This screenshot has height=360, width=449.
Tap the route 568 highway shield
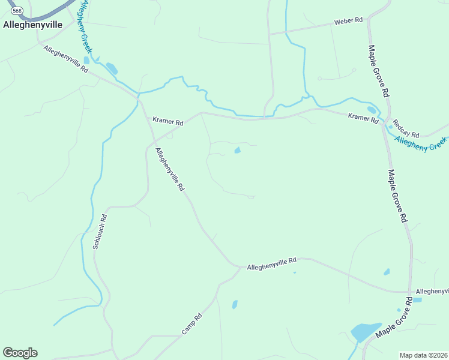click(x=17, y=11)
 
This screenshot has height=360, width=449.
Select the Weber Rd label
click(x=349, y=21)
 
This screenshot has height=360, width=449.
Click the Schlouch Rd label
click(x=100, y=232)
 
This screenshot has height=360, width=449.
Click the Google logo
click(x=20, y=353)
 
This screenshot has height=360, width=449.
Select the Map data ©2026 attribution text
click(x=423, y=355)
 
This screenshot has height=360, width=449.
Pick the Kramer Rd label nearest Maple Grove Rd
click(x=363, y=118)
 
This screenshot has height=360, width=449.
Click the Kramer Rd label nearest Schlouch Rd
click(x=167, y=121)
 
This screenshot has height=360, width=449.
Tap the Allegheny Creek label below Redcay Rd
click(x=421, y=144)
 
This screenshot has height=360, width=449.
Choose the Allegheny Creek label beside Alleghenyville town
click(x=82, y=27)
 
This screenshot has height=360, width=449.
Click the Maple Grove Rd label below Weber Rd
click(x=379, y=71)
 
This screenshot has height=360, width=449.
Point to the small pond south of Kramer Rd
click(x=237, y=150)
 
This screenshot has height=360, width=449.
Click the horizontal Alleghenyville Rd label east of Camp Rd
click(x=272, y=263)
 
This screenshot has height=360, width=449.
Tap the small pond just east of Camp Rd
click(x=235, y=304)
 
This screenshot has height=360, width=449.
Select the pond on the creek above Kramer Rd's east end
click(x=372, y=110)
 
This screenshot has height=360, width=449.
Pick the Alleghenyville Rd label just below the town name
click(x=66, y=59)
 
